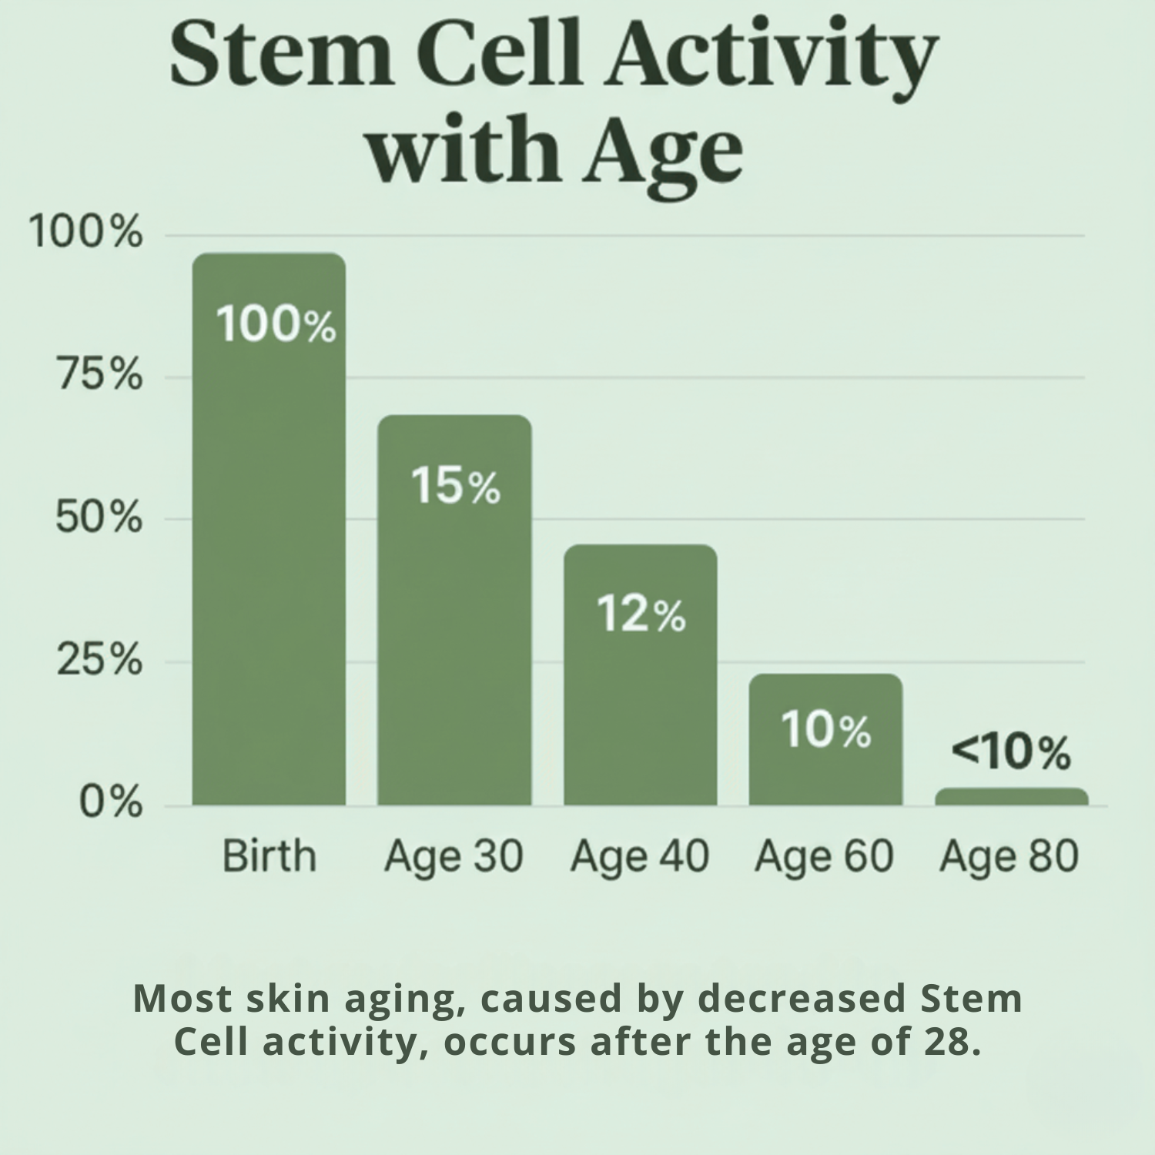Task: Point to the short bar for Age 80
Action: tap(1011, 797)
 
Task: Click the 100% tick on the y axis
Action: tap(85, 232)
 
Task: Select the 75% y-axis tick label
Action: tap(99, 376)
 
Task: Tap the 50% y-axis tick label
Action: tap(99, 518)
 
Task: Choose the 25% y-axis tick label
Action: tap(99, 661)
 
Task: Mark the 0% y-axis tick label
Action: tap(111, 802)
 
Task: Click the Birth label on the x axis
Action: tap(269, 856)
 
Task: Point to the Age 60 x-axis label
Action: tap(824, 856)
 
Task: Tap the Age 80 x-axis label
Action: tap(1009, 856)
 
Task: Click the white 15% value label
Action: tap(455, 486)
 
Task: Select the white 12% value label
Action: tap(641, 614)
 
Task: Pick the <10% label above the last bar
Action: tap(1010, 752)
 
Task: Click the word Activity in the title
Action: tap(770, 58)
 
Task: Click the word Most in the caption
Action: tap(182, 998)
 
